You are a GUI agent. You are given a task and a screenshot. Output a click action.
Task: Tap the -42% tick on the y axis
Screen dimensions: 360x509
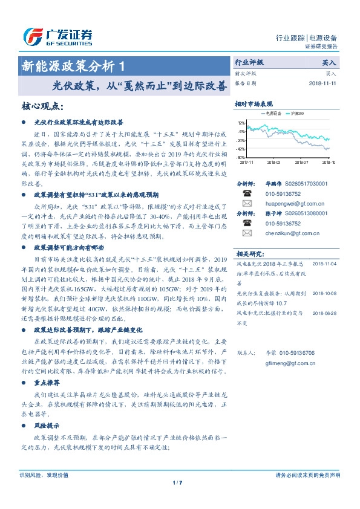(x=241, y=149)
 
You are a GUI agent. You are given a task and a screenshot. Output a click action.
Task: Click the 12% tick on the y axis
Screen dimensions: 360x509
(x=241, y=122)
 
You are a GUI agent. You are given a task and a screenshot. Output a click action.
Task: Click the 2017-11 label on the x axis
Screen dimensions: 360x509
(x=247, y=162)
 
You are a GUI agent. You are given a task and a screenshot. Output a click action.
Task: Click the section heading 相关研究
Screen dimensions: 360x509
(x=248, y=253)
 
